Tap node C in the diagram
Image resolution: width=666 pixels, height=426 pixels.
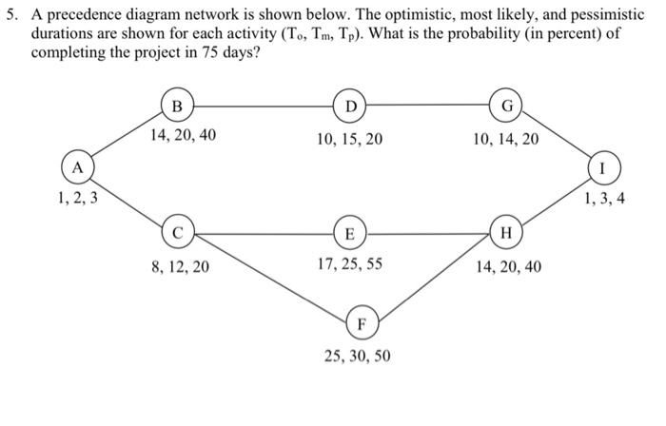pos(178,231)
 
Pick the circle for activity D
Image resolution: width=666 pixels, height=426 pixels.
pos(350,104)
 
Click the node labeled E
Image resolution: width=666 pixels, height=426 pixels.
pos(349,233)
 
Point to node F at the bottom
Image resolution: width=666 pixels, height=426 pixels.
pos(362,323)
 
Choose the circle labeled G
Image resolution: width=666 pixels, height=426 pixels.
pos(505,104)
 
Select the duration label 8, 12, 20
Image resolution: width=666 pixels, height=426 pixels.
pos(181,267)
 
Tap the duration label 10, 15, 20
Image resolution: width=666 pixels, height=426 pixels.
pos(349,139)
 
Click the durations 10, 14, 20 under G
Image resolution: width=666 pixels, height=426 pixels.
pos(505,139)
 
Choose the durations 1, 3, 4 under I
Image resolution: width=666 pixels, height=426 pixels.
pos(604,201)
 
